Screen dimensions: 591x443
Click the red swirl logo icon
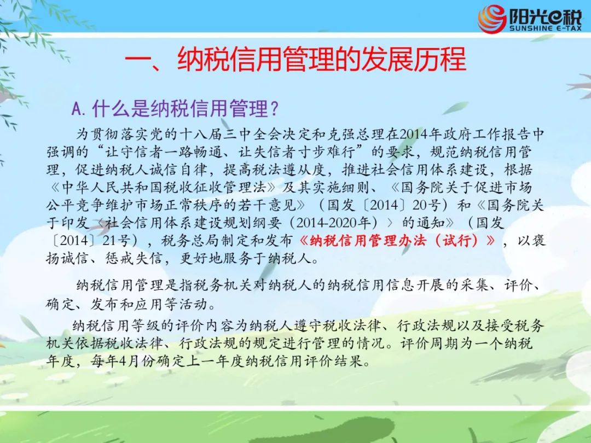[492, 19]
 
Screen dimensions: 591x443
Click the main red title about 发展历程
[296, 59]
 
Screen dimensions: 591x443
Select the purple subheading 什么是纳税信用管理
[185, 108]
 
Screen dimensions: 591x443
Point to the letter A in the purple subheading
[77, 109]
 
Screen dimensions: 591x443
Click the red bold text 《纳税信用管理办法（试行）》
[397, 240]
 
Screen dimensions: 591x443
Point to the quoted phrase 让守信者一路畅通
[165, 152]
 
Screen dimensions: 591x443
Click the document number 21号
[116, 240]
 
